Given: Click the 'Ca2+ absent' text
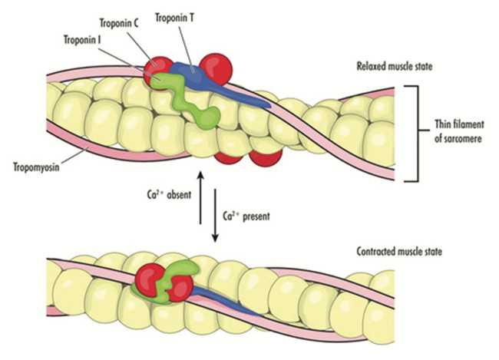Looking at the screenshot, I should (x=164, y=195).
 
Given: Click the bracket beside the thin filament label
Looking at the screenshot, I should (x=414, y=134).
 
